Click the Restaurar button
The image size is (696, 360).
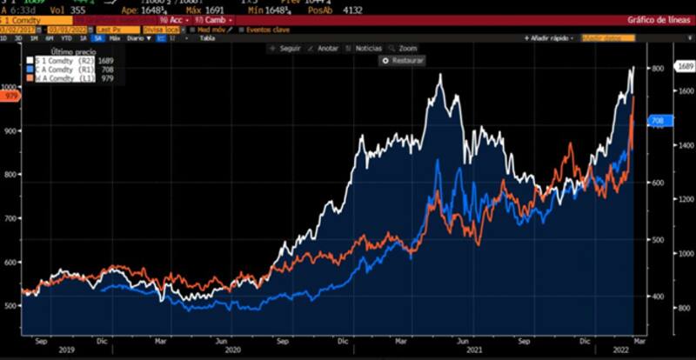pyautogui.click(x=405, y=62)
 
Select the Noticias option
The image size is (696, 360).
pyautogui.click(x=365, y=49)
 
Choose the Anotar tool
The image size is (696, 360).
pyautogui.click(x=325, y=49)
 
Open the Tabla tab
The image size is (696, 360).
pyautogui.click(x=207, y=38)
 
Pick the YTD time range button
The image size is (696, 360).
pyautogui.click(x=66, y=38)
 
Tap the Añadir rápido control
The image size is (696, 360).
pyautogui.click(x=551, y=38)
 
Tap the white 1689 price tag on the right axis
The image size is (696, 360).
pyautogui.click(x=685, y=66)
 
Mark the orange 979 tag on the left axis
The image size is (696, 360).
pyautogui.click(x=10, y=97)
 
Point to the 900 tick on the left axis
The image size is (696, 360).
pyautogui.click(x=10, y=130)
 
